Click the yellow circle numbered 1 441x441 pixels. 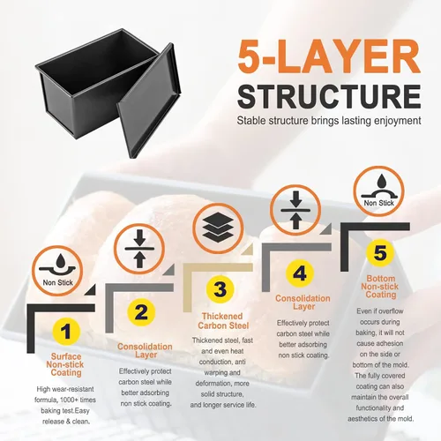[66, 332]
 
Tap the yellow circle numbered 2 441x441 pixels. [141, 312]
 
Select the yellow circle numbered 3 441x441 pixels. [220, 289]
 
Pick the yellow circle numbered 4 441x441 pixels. [300, 273]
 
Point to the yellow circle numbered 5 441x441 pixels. [380, 252]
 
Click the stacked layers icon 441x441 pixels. [218, 228]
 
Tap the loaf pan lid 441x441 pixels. [148, 100]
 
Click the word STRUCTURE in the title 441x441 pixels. [329, 97]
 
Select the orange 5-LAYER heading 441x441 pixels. [329, 56]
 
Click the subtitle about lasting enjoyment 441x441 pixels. [329, 121]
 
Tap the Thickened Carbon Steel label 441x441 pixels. [223, 321]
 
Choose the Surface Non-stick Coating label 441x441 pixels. [65, 364]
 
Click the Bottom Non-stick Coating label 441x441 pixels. [380, 287]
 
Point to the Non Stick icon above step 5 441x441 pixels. [378, 191]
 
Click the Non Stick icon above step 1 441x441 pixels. [57, 271]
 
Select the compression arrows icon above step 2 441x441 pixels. [139, 249]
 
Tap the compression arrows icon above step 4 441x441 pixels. [295, 210]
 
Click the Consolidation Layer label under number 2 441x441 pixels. [145, 351]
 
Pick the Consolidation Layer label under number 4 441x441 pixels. [303, 303]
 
